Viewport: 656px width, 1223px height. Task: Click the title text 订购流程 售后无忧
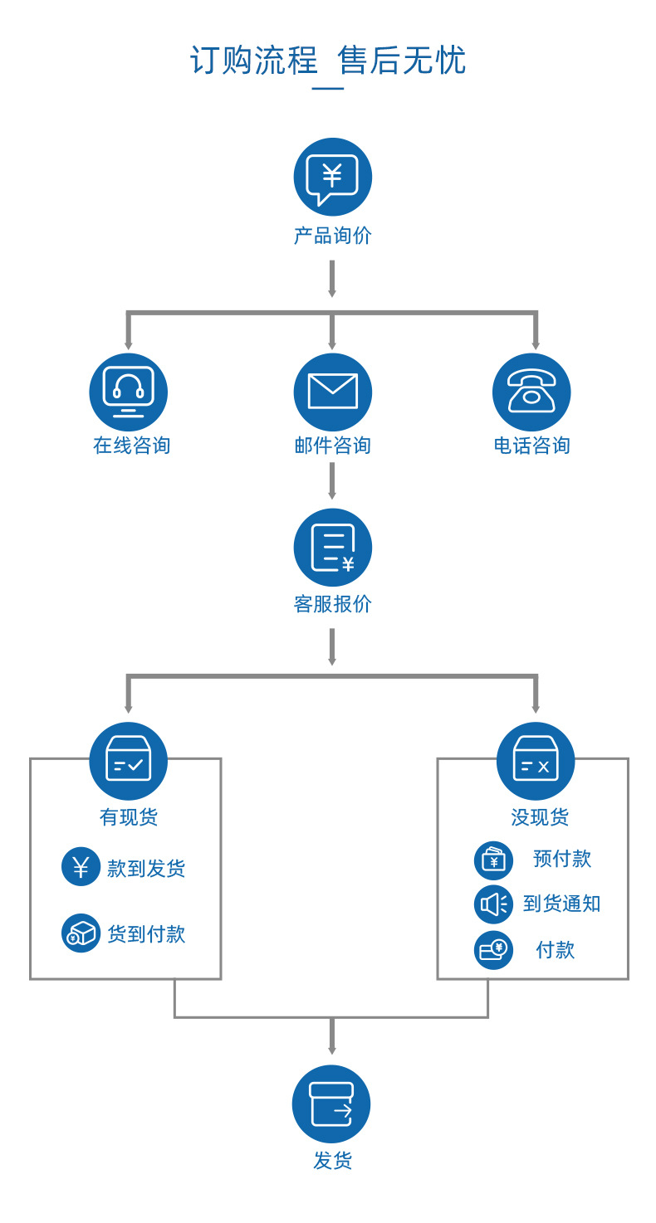[x=328, y=61]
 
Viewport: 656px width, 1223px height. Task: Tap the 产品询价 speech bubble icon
[x=332, y=177]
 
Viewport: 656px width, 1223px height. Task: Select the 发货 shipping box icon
[x=331, y=1104]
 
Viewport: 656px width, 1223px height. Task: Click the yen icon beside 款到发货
[x=81, y=867]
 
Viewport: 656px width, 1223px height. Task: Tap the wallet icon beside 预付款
[x=493, y=860]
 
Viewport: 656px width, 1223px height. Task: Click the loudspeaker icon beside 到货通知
[x=493, y=904]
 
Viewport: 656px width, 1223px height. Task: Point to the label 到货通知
[x=561, y=904]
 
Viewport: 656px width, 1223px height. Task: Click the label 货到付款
[x=146, y=934]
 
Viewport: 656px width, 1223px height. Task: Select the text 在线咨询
[x=131, y=446]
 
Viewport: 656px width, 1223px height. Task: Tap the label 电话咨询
[x=531, y=446]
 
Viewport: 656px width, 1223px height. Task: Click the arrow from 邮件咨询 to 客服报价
[x=332, y=481]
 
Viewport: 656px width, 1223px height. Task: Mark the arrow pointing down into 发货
[x=332, y=1037]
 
